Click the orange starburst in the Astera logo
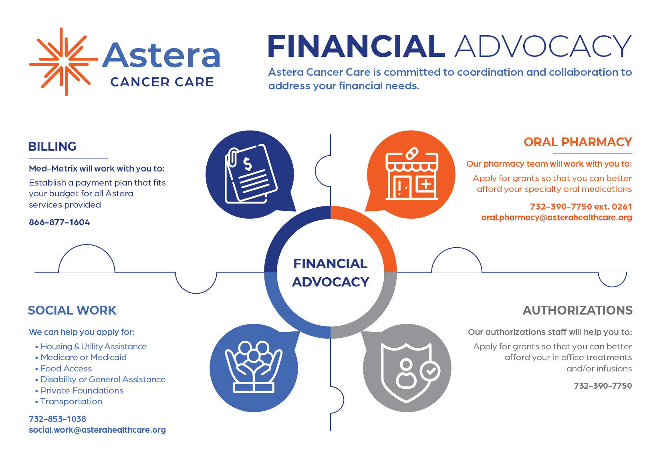[x=64, y=62]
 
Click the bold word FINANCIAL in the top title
[x=356, y=46]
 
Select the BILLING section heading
[x=52, y=146]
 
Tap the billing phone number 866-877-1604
[x=59, y=222]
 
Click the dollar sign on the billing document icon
[x=247, y=164]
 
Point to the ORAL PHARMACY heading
[x=578, y=142]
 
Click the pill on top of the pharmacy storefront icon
[x=412, y=153]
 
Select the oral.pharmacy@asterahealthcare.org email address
[x=556, y=218]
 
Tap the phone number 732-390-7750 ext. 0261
[x=581, y=206]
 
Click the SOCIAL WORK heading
[x=72, y=310]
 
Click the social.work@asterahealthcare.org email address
[x=97, y=430]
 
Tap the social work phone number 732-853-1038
[x=58, y=419]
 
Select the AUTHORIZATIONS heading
[x=578, y=310]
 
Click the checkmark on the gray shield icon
[x=430, y=371]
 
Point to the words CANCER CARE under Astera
[x=162, y=82]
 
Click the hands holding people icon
[x=254, y=367]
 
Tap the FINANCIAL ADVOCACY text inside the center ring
[x=330, y=272]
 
